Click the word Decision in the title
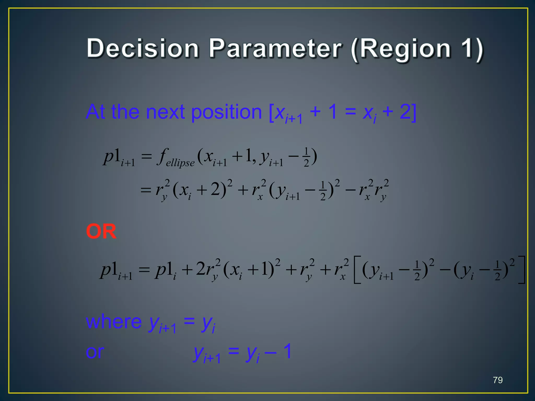(x=143, y=48)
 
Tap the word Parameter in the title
(x=275, y=48)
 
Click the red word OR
(x=101, y=231)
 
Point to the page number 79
(x=498, y=380)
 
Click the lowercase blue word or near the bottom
(x=95, y=352)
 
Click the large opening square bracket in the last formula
(x=357, y=270)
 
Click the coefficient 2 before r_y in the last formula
(x=201, y=269)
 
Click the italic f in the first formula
(x=162, y=156)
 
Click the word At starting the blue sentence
(x=96, y=112)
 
